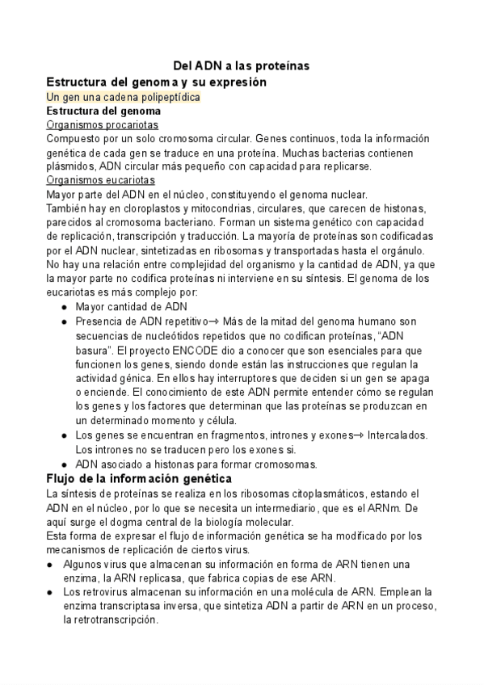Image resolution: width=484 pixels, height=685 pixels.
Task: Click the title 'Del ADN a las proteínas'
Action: tap(242, 66)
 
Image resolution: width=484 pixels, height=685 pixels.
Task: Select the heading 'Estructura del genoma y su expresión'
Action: tap(156, 82)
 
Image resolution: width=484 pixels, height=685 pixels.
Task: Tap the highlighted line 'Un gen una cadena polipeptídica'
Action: tap(124, 97)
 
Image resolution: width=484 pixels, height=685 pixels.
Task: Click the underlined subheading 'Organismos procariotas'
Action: tap(103, 125)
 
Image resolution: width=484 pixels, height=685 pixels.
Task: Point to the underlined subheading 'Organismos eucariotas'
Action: tap(101, 180)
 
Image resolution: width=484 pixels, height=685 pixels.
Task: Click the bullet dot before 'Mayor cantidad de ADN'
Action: tap(64, 307)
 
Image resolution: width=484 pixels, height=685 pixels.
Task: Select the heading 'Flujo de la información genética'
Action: tap(140, 479)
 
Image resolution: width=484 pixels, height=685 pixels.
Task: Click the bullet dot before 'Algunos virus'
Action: tap(50, 564)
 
